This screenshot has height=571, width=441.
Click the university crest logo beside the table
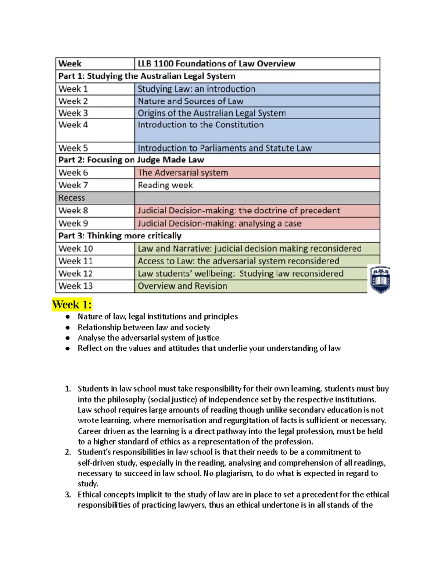click(380, 279)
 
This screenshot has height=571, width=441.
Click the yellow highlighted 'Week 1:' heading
click(72, 304)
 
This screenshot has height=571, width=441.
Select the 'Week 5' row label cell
click(95, 148)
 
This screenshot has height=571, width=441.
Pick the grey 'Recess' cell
click(95, 198)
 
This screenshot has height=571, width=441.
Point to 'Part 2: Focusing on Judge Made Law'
click(131, 160)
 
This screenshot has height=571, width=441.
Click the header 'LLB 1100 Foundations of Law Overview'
click(216, 64)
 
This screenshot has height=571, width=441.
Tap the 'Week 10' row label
click(95, 249)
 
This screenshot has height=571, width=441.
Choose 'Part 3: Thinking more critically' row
click(120, 236)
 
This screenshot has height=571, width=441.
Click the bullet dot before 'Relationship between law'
click(68, 327)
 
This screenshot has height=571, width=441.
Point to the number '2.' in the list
click(68, 452)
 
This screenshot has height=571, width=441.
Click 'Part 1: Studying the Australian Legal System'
click(147, 76)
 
